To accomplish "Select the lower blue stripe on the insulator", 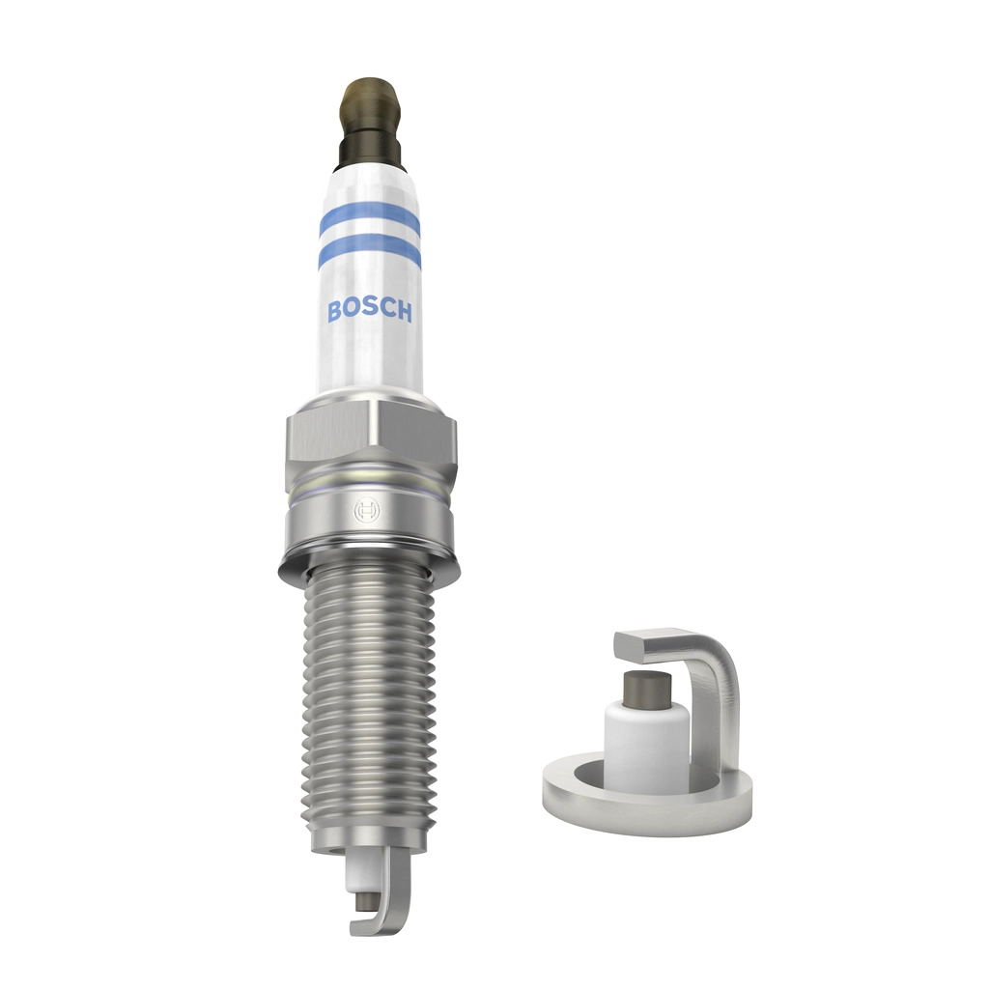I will click(x=369, y=252).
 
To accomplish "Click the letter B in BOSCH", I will click(x=333, y=311).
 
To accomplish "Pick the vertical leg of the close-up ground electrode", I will click(x=721, y=715).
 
